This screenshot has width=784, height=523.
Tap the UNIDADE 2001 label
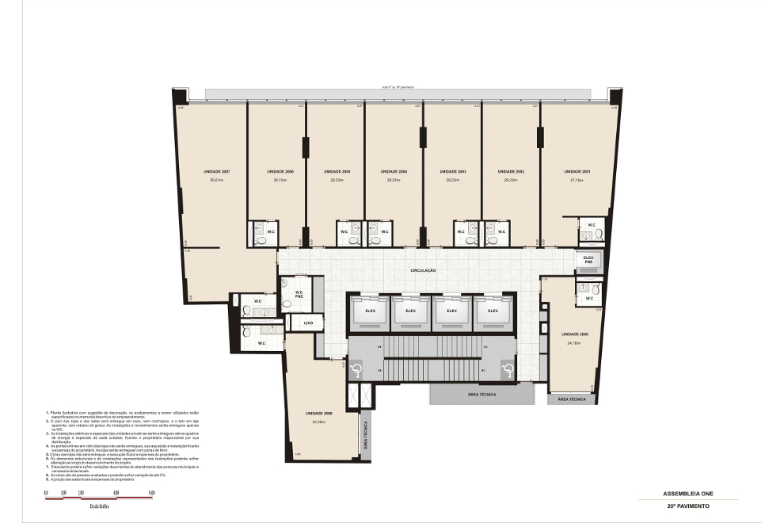coord(575,171)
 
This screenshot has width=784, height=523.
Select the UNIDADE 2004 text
coord(394,171)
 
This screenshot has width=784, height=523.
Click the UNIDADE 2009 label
coord(575,334)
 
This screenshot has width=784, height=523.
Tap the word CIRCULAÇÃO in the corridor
coord(423,270)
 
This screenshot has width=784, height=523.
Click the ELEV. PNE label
coord(588,259)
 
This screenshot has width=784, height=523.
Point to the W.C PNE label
coord(299,295)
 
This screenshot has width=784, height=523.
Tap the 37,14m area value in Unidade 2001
coord(575,181)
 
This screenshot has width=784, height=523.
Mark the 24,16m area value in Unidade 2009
coord(575,342)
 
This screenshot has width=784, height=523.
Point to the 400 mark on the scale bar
coord(116,493)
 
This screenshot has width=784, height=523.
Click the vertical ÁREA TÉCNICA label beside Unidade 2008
coord(365,435)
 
